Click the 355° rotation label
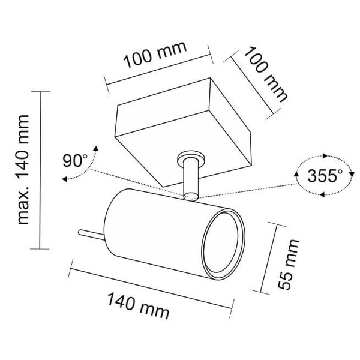(325, 176)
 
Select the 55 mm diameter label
(289, 264)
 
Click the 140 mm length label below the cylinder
(138, 305)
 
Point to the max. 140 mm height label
(23, 169)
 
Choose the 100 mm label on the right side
(266, 74)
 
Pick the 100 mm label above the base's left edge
(155, 55)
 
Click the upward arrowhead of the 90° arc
(97, 148)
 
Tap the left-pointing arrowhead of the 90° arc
(65, 179)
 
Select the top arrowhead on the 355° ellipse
(325, 156)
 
